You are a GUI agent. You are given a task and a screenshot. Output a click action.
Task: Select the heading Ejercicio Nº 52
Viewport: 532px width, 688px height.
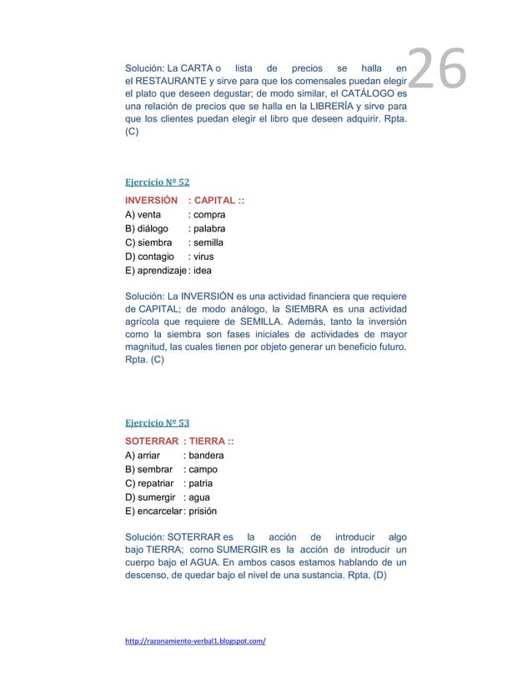tap(157, 182)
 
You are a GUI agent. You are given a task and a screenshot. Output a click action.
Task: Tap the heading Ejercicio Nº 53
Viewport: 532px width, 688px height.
tap(157, 422)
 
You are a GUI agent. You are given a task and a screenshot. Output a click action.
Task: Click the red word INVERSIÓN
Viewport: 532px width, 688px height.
tap(152, 200)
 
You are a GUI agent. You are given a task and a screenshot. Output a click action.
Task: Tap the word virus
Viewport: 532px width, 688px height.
tap(204, 257)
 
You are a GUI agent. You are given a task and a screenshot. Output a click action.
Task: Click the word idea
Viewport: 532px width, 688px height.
tap(203, 272)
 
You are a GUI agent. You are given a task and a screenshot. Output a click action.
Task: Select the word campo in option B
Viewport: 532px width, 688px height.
tap(203, 470)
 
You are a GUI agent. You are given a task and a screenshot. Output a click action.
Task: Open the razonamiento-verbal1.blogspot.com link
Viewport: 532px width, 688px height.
tap(195, 641)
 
